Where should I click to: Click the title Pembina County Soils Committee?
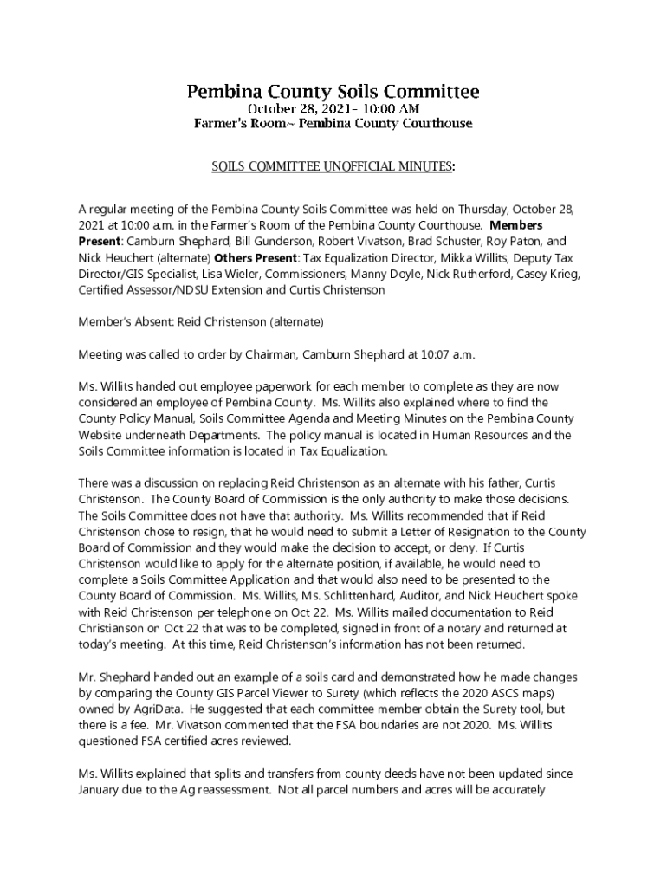(x=333, y=91)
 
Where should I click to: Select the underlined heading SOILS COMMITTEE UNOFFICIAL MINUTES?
(x=333, y=166)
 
